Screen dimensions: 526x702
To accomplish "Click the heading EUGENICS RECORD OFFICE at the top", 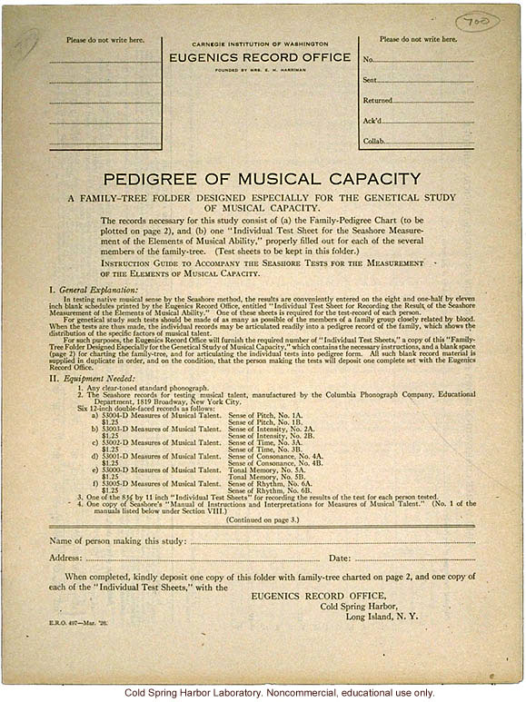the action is [x=260, y=55].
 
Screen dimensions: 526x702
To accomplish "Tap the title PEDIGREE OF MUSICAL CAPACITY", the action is [x=262, y=179].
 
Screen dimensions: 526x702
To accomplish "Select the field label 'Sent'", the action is [x=371, y=80].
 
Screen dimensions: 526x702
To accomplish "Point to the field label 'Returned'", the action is [x=378, y=101].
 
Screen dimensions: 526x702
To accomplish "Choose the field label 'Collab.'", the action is [x=374, y=142].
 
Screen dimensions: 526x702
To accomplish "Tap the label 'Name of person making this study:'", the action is [x=118, y=542].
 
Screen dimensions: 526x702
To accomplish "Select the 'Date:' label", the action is [x=340, y=558].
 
